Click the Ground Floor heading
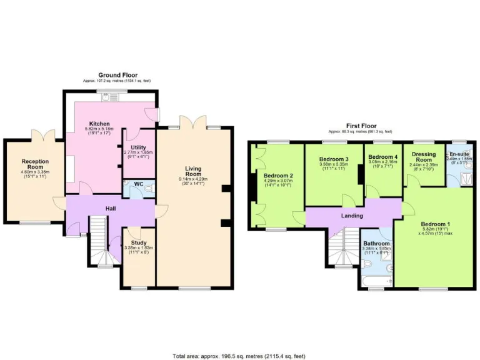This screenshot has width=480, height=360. [117, 75]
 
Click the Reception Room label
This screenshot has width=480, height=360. [35, 164]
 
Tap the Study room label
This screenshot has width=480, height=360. [139, 243]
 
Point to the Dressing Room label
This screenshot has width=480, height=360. [423, 157]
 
